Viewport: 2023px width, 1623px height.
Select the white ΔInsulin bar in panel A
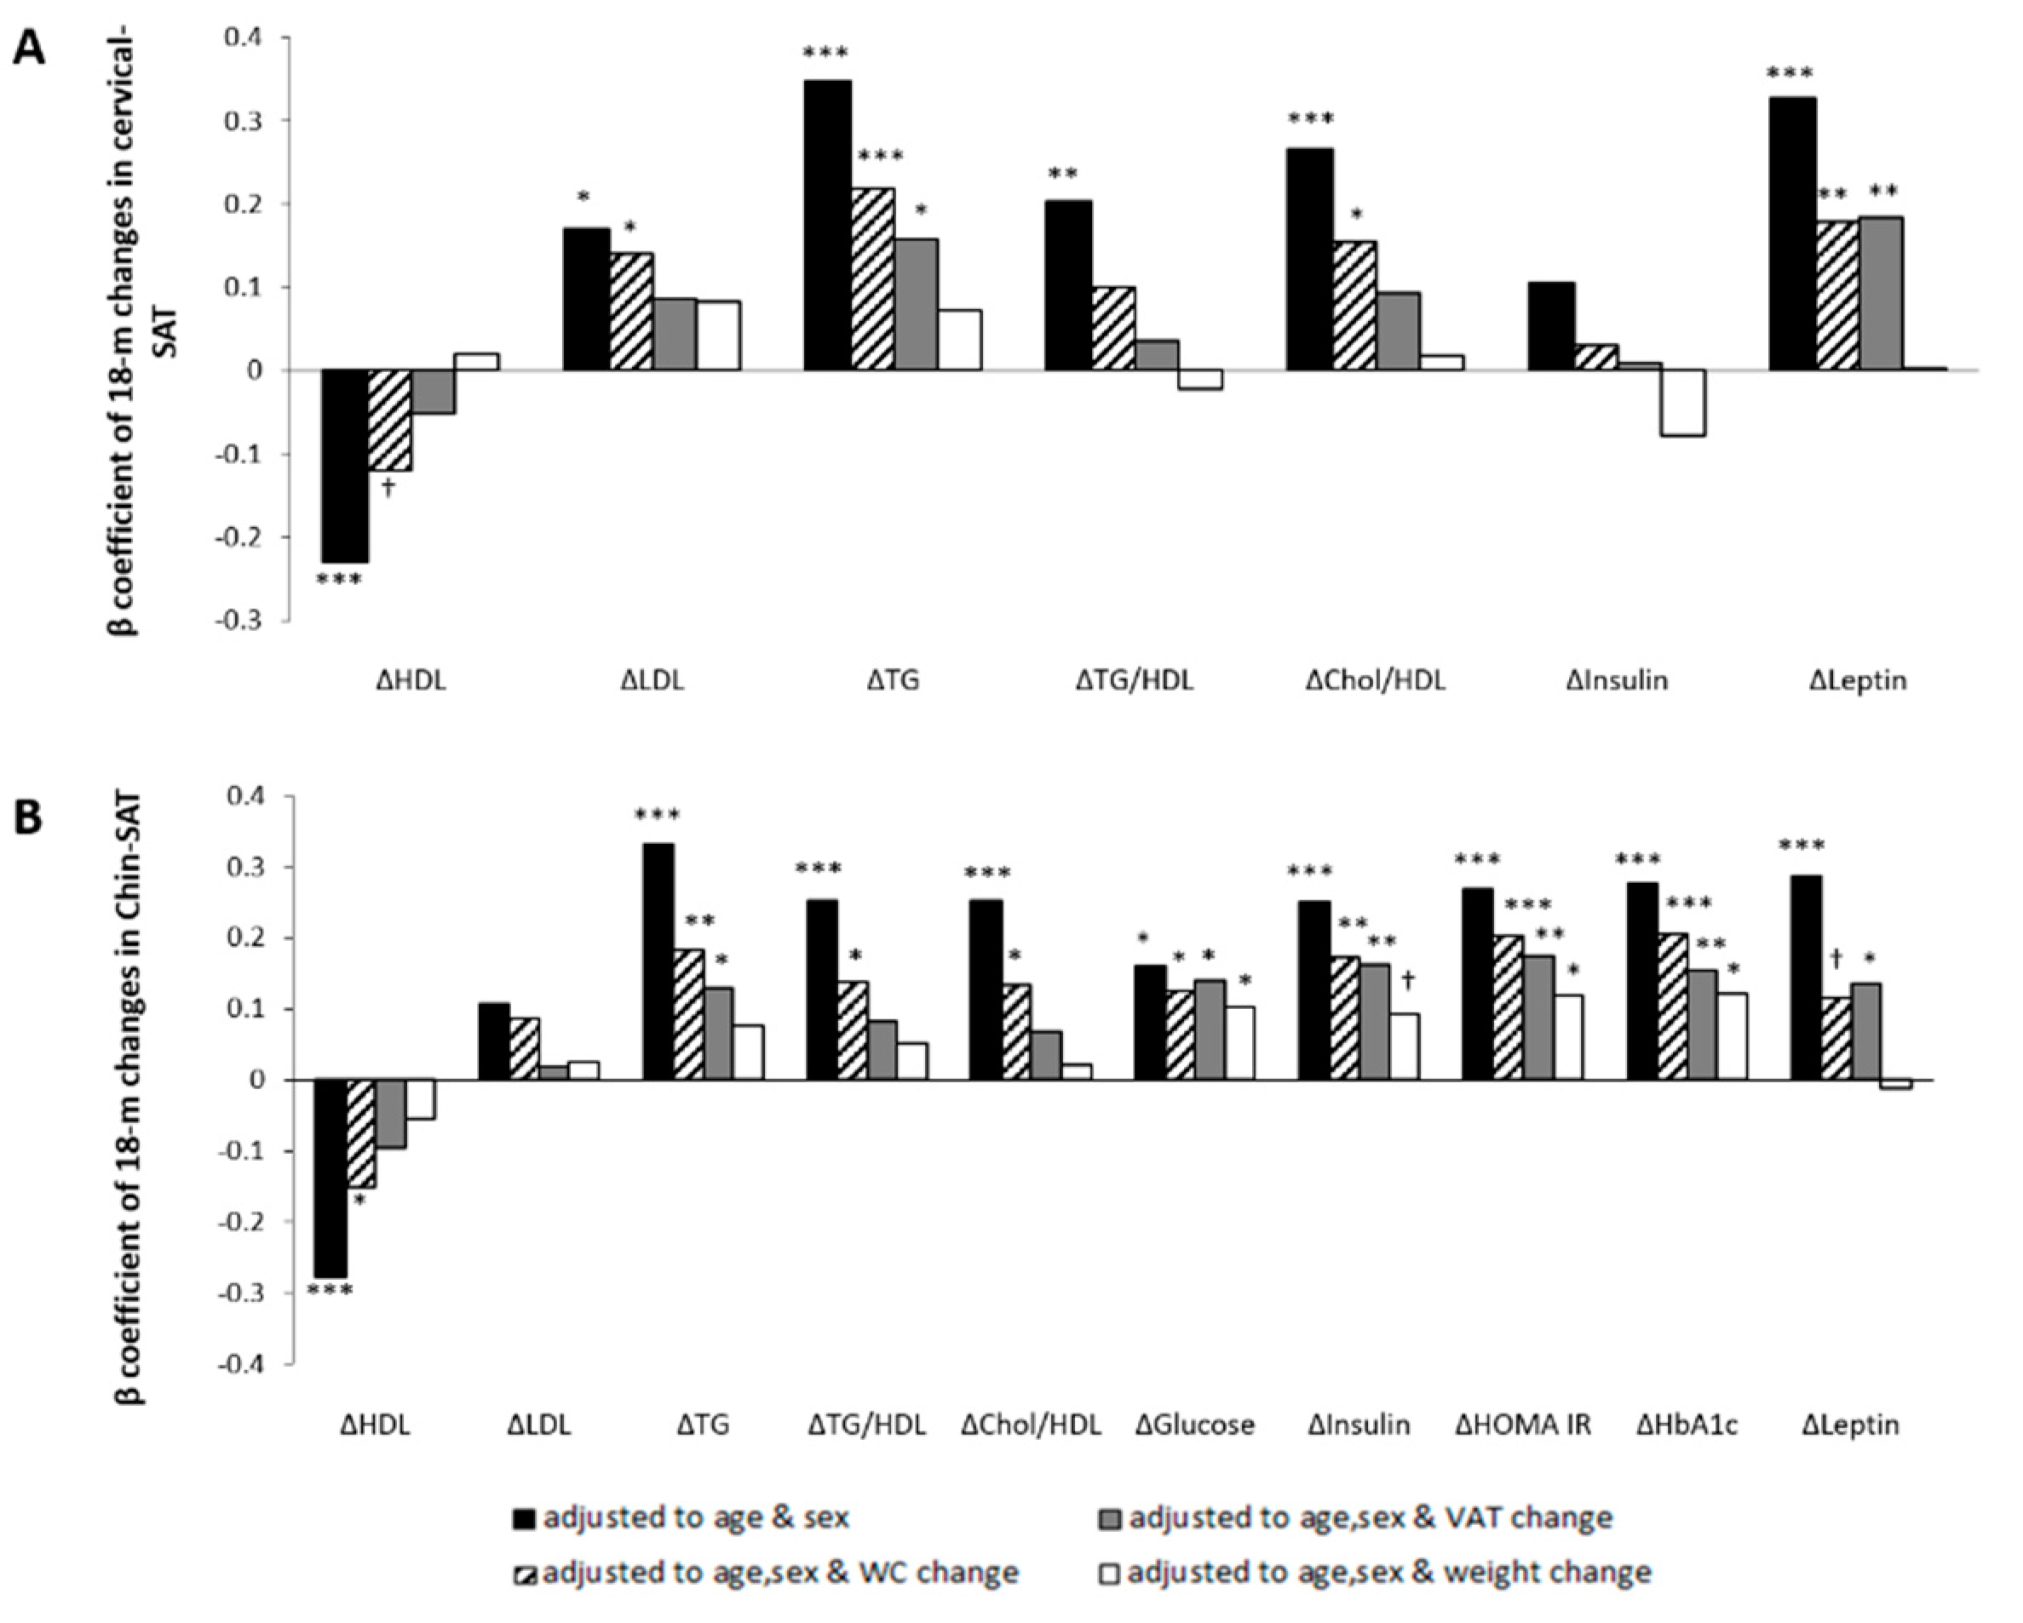1683,403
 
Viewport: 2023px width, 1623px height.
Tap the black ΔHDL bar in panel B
330,1179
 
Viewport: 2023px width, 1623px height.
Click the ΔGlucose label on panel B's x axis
1193,1425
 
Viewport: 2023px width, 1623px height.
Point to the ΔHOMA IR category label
1523,1425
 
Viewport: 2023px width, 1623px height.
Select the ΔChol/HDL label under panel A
1375,680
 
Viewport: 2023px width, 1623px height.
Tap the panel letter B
28,817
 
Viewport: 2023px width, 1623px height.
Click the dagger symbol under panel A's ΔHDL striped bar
388,488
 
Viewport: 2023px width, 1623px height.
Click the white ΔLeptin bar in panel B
1895,1085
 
